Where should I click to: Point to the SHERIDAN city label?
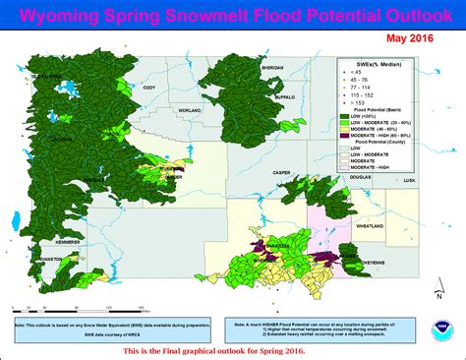(272, 67)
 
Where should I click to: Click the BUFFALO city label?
(286, 98)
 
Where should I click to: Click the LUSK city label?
(410, 181)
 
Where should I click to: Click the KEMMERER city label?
(45, 241)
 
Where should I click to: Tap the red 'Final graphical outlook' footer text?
(233, 350)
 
